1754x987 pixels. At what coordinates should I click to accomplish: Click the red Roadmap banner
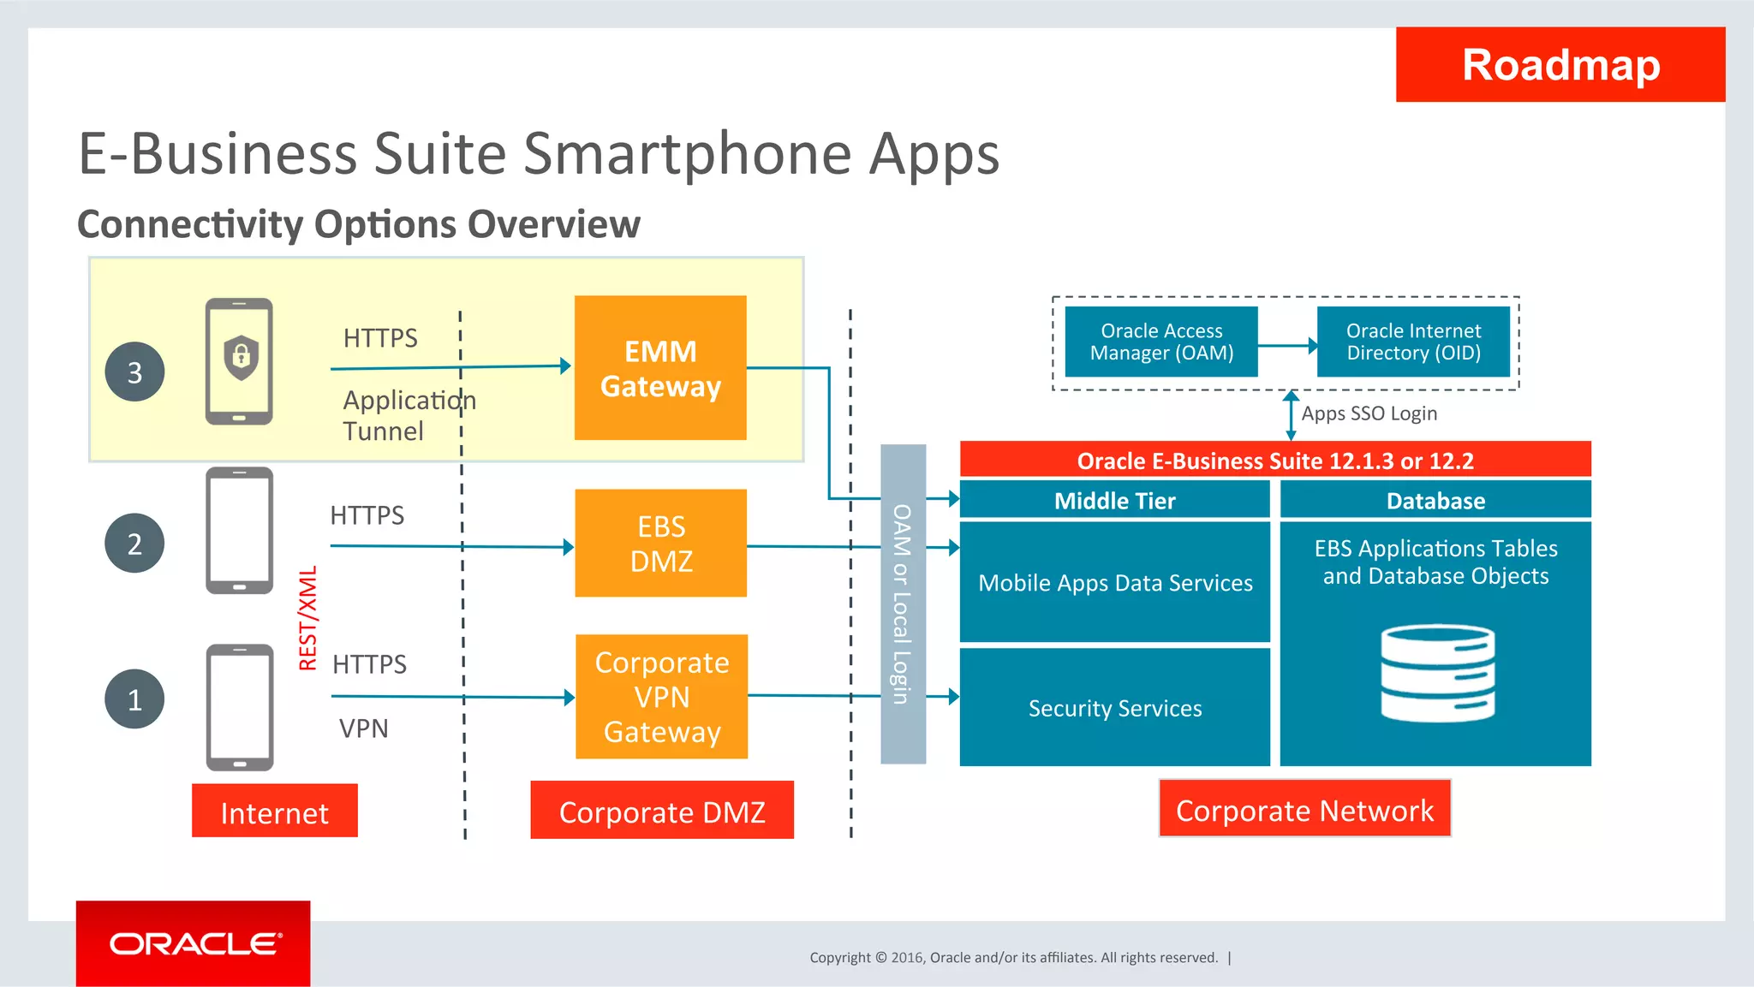[x=1560, y=65]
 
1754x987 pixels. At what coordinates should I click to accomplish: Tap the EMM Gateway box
[x=660, y=368]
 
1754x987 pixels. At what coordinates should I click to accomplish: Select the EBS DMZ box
[x=660, y=543]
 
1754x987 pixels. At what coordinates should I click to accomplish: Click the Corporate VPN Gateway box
[x=661, y=697]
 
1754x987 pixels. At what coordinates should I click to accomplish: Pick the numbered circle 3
[x=134, y=372]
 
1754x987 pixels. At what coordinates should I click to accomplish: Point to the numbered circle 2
[x=134, y=544]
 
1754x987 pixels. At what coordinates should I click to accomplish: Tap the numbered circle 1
[x=134, y=699]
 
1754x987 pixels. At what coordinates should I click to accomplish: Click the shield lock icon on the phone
[x=241, y=356]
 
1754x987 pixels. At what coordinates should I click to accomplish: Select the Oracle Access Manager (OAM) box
[x=1161, y=342]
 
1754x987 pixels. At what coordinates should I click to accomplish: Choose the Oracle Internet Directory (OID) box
[x=1413, y=342]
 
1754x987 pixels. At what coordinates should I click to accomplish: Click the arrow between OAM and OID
[x=1287, y=346]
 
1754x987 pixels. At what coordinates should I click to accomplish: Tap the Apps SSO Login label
[x=1369, y=413]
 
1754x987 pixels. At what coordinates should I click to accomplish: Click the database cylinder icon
[x=1437, y=674]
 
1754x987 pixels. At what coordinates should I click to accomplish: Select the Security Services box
[x=1114, y=708]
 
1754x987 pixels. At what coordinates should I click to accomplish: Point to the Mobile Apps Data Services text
[x=1114, y=583]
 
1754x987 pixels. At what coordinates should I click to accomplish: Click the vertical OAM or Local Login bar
[x=903, y=603]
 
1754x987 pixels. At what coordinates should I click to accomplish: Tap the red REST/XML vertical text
[x=308, y=618]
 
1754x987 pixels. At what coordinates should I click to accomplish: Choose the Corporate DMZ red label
[x=661, y=811]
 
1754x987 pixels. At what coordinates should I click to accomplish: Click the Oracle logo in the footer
[x=194, y=944]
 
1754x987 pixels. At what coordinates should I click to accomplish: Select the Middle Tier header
[x=1114, y=501]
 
